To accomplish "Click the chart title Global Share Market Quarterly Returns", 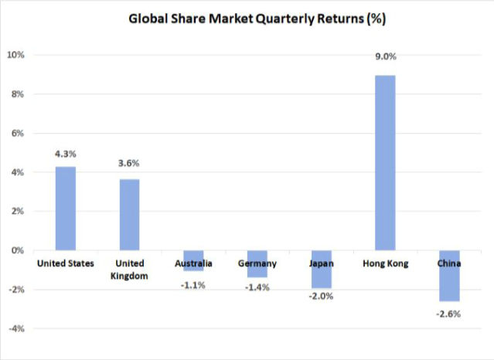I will (247, 19).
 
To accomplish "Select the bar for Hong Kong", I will (386, 162).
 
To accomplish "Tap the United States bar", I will (66, 208).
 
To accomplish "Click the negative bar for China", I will (450, 276).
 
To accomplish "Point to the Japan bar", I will (322, 269).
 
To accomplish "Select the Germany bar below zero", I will (257, 263).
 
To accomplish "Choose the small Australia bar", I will (193, 260).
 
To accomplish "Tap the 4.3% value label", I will (66, 154).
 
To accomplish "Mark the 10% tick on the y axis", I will (16, 55).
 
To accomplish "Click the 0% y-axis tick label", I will (19, 250).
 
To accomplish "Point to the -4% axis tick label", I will (16, 328).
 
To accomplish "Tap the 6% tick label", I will (19, 133).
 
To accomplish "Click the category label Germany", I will (257, 263).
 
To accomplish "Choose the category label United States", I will (66, 263).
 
